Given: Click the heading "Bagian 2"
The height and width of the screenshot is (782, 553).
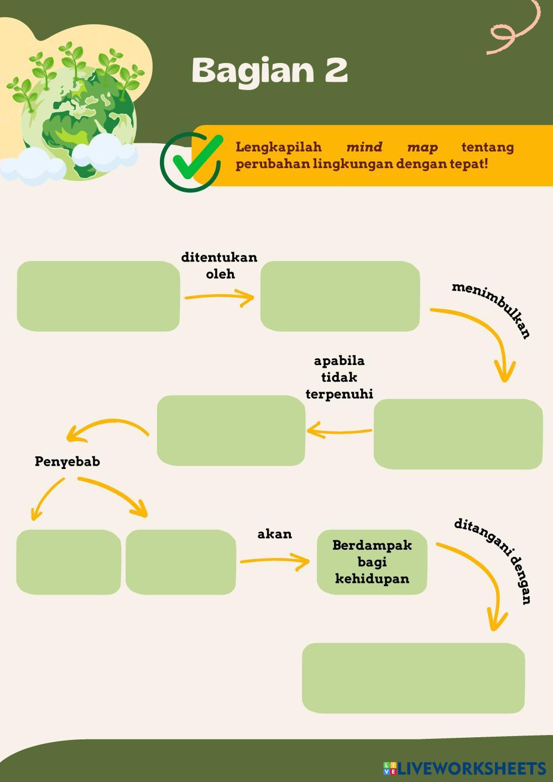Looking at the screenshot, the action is point(270,71).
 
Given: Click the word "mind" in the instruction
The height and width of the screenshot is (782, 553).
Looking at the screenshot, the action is point(364,147).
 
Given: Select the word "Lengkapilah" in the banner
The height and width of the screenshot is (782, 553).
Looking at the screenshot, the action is point(279,147).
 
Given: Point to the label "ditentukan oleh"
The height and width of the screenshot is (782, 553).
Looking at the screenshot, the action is point(220,265).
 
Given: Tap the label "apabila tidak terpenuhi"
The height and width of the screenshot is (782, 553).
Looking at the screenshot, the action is point(340,377).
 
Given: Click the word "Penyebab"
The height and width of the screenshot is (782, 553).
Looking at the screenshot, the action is point(67,461).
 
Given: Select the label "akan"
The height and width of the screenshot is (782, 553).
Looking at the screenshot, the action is point(275,534).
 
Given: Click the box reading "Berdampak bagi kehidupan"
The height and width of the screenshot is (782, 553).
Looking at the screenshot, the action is point(372,562).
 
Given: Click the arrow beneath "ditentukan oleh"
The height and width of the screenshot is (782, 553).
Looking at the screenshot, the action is point(219,298).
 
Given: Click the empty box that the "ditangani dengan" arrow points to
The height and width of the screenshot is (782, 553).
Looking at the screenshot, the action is point(413,678).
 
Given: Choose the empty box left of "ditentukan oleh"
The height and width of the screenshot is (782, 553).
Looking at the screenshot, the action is point(98,296).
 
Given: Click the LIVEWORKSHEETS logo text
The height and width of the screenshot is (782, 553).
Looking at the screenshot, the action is point(471,768).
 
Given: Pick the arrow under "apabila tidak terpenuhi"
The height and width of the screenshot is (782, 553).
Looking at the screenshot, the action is point(339,430).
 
